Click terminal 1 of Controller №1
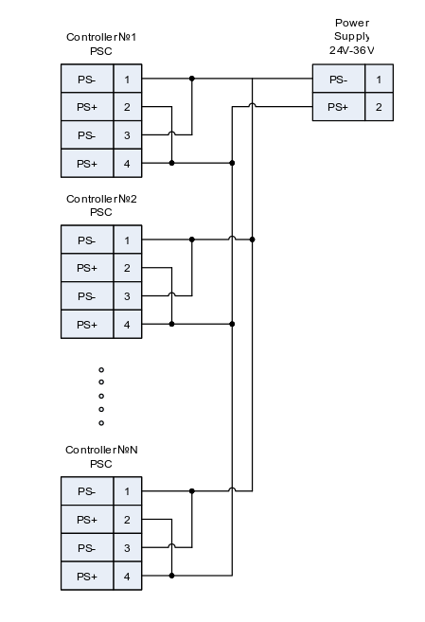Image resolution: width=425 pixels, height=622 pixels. (127, 79)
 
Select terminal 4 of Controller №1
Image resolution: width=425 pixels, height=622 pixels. (127, 164)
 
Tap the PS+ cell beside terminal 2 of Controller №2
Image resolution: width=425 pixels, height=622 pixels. (87, 268)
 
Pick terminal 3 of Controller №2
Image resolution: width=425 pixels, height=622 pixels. (127, 296)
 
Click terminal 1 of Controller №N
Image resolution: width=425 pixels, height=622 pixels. (127, 491)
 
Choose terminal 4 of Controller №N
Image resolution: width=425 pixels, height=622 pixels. (127, 576)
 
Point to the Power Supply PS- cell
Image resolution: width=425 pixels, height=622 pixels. (339, 79)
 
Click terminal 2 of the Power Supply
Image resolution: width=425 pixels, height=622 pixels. (379, 107)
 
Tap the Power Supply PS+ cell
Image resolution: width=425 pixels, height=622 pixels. (339, 107)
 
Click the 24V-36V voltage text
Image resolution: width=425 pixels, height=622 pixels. (352, 50)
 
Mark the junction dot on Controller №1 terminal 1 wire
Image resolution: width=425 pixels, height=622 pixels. (192, 79)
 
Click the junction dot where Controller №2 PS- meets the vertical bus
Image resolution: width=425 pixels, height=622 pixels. (252, 240)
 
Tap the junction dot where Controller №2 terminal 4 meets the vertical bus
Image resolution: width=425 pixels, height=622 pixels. (232, 324)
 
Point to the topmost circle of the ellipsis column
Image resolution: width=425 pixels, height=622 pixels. (101, 370)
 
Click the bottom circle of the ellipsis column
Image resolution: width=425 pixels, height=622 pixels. (101, 423)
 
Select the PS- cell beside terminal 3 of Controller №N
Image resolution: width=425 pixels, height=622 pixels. (87, 548)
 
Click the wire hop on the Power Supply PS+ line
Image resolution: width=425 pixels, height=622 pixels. (252, 105)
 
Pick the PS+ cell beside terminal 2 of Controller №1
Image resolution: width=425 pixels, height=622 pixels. (87, 107)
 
